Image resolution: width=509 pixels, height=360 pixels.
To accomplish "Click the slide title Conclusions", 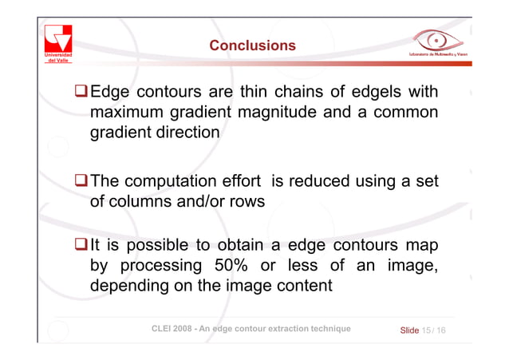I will point(252,45).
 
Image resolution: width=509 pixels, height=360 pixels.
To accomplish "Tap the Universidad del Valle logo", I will point(59,42).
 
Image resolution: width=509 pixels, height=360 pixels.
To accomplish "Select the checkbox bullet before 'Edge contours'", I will point(81,89).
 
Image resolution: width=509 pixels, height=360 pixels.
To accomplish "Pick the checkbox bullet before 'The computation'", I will point(81,182).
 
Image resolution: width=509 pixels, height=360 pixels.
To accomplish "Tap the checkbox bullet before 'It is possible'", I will point(81,243).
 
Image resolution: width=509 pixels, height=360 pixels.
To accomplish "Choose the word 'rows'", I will point(244,203).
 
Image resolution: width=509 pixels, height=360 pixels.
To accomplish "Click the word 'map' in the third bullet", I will point(420,243).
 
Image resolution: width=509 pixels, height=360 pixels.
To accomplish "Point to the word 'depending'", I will point(128,285).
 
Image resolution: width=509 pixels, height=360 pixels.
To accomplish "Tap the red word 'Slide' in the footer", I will point(409,329).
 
